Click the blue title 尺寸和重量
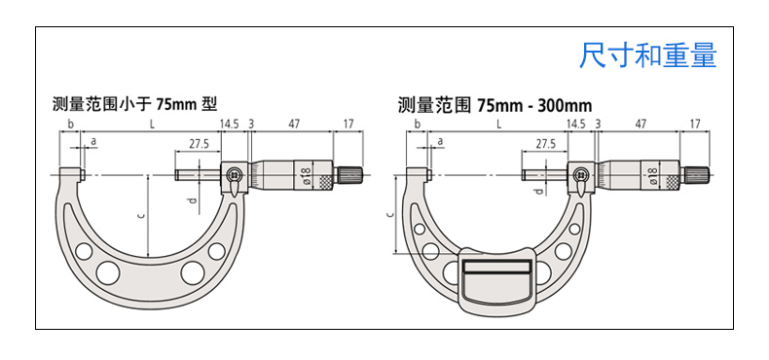point(648,54)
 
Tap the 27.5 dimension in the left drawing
point(199,144)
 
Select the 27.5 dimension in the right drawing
point(545,144)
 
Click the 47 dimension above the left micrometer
point(294,124)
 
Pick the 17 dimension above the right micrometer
point(695,124)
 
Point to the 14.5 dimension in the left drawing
point(229,124)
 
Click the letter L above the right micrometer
point(498,124)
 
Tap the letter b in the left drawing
point(71,124)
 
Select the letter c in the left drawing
point(141,215)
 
